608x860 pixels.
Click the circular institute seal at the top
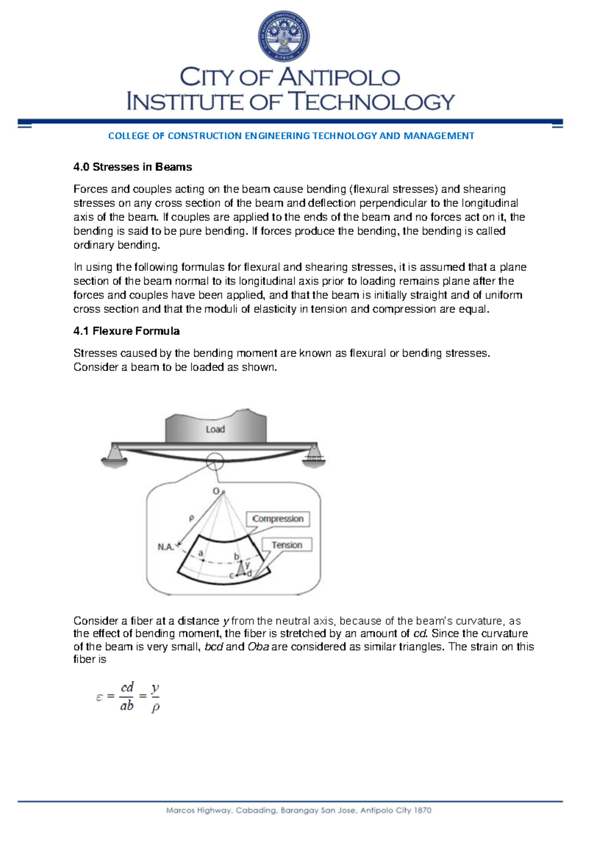[x=284, y=37]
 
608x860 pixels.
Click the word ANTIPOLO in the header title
[x=338, y=78]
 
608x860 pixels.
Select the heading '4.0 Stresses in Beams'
[x=132, y=167]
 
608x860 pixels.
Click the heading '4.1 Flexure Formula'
[x=126, y=331]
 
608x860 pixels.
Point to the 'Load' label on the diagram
[x=215, y=429]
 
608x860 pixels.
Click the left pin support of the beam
[x=115, y=454]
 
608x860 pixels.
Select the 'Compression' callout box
[x=278, y=519]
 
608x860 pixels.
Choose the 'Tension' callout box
[x=287, y=545]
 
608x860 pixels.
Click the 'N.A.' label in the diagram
[x=165, y=547]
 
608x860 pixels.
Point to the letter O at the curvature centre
[x=216, y=491]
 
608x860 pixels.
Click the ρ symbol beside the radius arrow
[x=192, y=518]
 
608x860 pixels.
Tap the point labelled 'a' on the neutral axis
[x=201, y=554]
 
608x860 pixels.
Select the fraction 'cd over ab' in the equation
[x=127, y=697]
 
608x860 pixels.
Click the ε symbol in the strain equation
[x=99, y=697]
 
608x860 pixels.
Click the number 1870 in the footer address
[x=422, y=810]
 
